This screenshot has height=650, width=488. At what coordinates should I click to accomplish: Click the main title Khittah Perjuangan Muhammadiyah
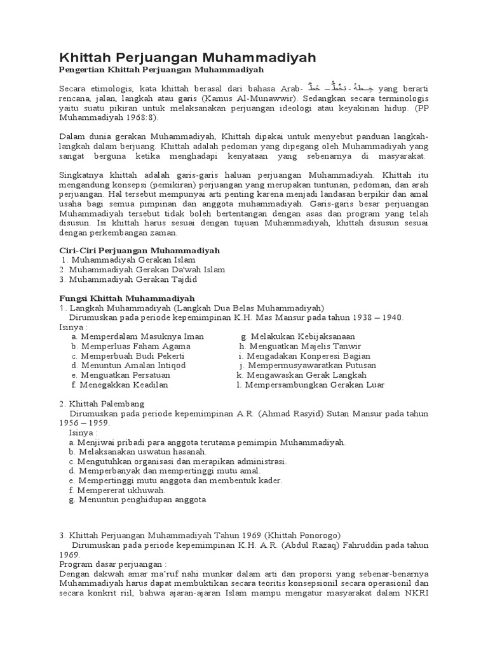tap(187, 58)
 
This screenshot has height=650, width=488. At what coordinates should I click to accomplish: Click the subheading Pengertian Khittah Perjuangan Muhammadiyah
tap(161, 69)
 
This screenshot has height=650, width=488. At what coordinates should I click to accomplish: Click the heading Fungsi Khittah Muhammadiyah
tap(126, 298)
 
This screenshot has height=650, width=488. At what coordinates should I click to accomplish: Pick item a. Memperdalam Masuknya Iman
tap(133, 336)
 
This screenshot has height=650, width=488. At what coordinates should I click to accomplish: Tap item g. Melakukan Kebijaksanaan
tap(298, 336)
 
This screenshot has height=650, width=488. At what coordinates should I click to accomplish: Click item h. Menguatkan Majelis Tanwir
tap(300, 346)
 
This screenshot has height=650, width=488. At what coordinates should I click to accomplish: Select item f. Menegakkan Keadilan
tap(120, 385)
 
